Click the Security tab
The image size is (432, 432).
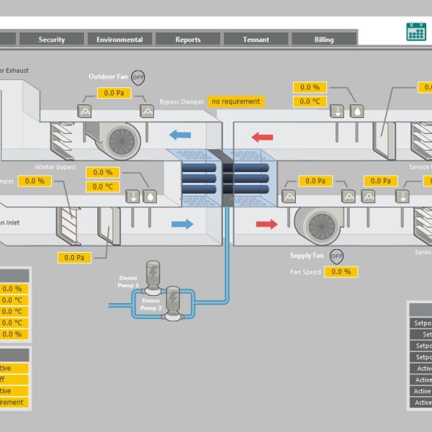pos(52,40)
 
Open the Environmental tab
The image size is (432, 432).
pos(120,40)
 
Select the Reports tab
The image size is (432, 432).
pos(188,40)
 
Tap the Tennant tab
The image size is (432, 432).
pos(256,40)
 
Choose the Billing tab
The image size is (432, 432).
pos(324,40)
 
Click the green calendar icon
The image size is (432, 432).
pos(416,31)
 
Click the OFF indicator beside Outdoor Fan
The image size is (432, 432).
pos(138,77)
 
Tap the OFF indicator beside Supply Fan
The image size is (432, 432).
pos(336,256)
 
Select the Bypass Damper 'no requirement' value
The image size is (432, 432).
pos(235,102)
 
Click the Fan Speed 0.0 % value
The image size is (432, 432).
pos(341,271)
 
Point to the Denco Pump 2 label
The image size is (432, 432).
pos(150,303)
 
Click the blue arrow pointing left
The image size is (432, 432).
pos(180,134)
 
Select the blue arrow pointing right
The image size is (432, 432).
pos(182,224)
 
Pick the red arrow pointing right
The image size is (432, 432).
pos(266,225)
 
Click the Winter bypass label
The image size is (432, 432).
pos(55,167)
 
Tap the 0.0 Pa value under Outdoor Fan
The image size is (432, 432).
pos(114,93)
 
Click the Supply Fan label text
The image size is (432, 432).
pos(307,256)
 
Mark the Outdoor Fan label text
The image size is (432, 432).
pos(107,76)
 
